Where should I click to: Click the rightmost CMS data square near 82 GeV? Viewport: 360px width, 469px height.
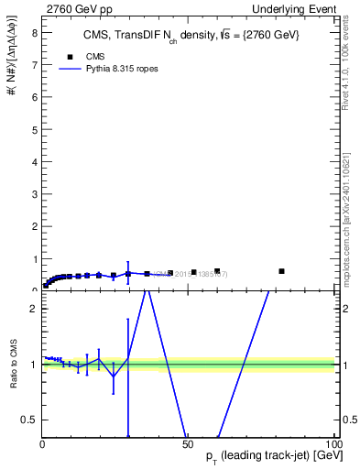[281, 271]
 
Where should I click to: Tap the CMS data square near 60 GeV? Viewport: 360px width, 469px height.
[217, 271]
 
